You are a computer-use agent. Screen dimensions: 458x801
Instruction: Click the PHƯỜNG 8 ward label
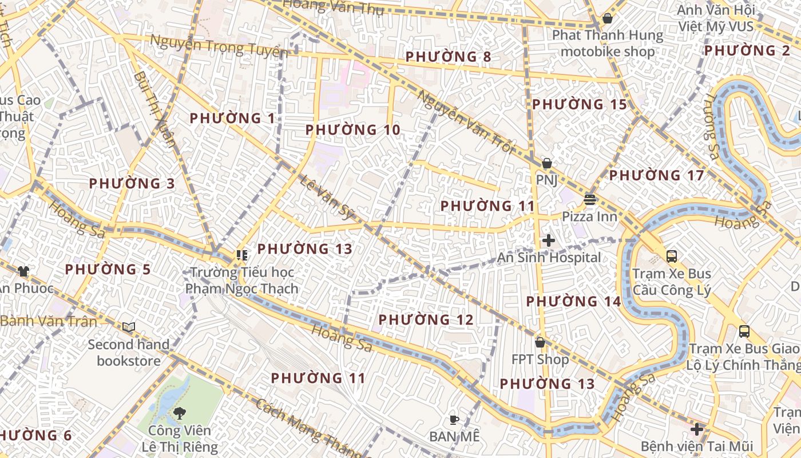pyautogui.click(x=448, y=57)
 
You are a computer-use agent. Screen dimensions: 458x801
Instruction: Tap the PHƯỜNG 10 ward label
pyautogui.click(x=352, y=130)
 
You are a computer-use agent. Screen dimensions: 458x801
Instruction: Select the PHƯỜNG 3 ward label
pyautogui.click(x=132, y=184)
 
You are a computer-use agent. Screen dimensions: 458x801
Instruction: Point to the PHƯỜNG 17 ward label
pyautogui.click(x=656, y=175)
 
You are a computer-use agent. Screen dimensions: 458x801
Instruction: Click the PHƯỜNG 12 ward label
pyautogui.click(x=426, y=319)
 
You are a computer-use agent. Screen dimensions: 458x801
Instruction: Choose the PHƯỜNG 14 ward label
pyautogui.click(x=573, y=301)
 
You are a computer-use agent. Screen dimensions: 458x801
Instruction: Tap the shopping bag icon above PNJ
pyautogui.click(x=547, y=163)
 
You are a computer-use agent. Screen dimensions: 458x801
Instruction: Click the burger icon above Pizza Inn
pyautogui.click(x=590, y=199)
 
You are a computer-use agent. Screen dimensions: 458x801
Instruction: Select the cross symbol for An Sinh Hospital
pyautogui.click(x=548, y=240)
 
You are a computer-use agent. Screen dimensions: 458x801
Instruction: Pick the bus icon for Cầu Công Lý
pyautogui.click(x=672, y=256)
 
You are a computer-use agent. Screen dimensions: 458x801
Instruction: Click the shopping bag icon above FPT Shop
pyautogui.click(x=540, y=342)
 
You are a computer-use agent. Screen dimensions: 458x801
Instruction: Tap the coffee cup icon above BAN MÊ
pyautogui.click(x=454, y=420)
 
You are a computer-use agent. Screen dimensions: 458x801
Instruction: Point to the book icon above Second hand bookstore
pyautogui.click(x=129, y=327)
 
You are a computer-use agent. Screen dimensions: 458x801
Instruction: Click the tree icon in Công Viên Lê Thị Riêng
pyautogui.click(x=180, y=412)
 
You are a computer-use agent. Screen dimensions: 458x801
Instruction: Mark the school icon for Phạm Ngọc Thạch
pyautogui.click(x=241, y=255)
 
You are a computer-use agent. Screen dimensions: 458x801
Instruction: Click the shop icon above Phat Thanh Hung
pyautogui.click(x=608, y=18)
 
